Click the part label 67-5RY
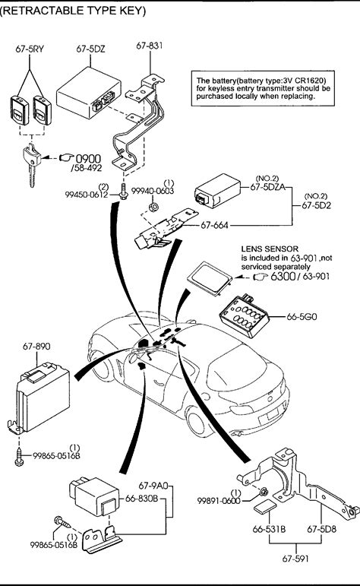30,49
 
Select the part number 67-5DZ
90,49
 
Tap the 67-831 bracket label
150,46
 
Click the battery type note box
264,89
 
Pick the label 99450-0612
87,195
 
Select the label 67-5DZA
267,187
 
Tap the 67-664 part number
214,226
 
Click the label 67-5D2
316,205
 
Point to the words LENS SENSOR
270,249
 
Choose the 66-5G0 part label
302,316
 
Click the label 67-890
36,347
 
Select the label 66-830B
141,499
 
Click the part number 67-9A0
153,486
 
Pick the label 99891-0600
219,501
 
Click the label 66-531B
270,529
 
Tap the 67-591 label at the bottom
295,559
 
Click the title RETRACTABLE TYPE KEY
73,11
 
